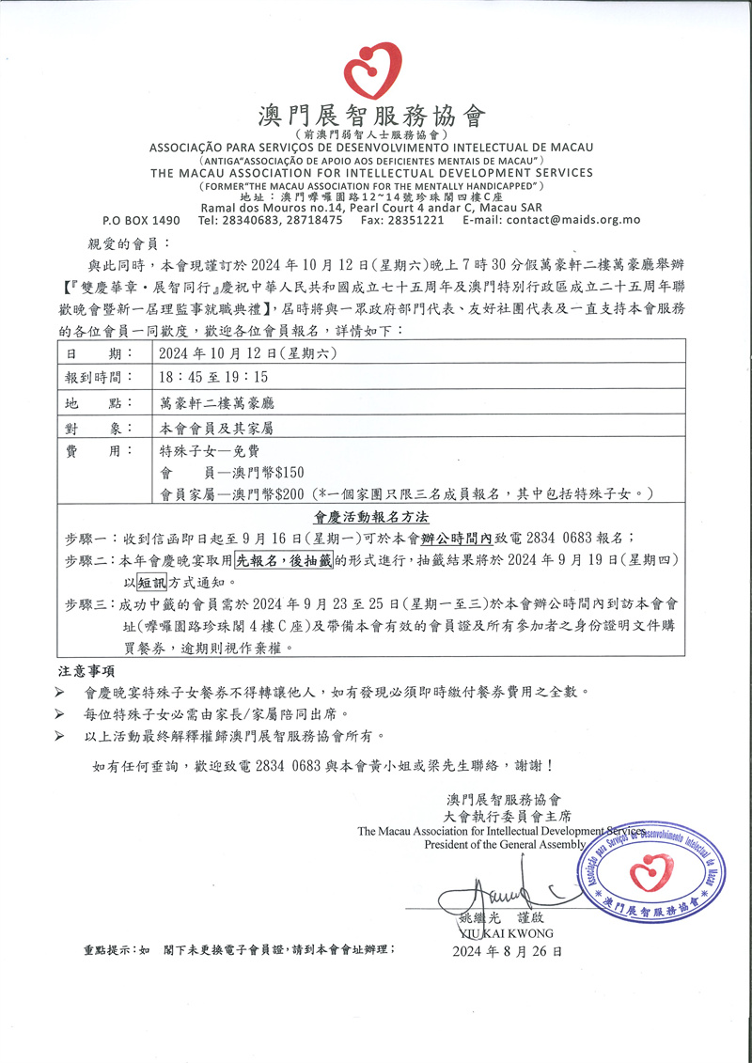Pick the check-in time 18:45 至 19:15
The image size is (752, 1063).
[214, 378]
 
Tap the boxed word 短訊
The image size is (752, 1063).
[152, 582]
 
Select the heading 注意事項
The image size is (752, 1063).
[86, 671]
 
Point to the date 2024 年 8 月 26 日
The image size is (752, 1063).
[508, 952]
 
